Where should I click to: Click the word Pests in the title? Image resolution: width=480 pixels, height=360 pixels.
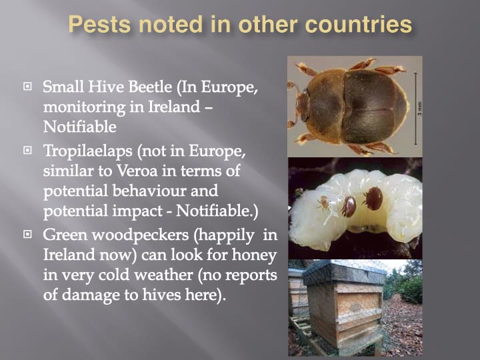(x=100, y=25)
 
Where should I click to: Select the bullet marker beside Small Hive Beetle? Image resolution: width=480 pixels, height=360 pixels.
(x=27, y=86)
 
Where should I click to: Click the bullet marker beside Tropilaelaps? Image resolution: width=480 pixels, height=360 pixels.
(x=27, y=150)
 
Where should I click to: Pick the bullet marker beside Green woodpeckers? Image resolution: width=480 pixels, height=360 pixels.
(x=27, y=234)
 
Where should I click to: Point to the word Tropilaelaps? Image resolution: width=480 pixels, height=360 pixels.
(x=88, y=151)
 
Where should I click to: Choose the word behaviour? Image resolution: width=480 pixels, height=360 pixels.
(x=165, y=191)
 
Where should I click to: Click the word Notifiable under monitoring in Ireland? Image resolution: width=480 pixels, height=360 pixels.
(x=79, y=127)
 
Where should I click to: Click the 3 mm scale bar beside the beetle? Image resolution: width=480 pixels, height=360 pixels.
(x=415, y=108)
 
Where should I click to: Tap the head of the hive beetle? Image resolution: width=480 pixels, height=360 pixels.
(x=303, y=107)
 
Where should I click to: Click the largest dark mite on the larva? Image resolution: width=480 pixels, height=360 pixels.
(x=374, y=199)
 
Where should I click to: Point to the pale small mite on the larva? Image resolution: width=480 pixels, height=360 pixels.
(x=323, y=203)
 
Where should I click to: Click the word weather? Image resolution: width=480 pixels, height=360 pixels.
(x=163, y=275)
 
